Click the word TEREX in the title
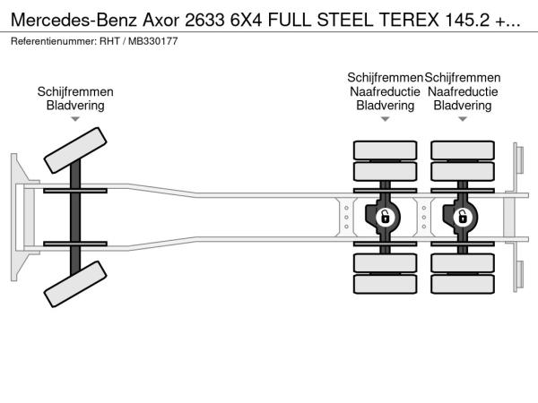point(409,20)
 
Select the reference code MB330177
point(153,41)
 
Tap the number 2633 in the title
point(204,20)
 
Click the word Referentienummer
point(53,41)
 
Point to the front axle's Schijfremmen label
point(75,91)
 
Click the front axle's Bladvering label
point(75,105)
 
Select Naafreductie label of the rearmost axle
point(463,91)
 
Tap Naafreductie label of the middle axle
point(385,91)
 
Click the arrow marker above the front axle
point(75,119)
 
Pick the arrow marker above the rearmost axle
point(463,119)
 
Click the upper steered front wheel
point(75,150)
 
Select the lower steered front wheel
point(75,284)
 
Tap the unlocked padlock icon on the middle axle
point(385,218)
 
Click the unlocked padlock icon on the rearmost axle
point(463,218)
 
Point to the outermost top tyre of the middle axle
point(385,150)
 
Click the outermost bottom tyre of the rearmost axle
point(463,284)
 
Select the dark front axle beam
point(75,218)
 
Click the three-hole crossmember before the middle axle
point(346,218)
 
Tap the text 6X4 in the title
point(246,20)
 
